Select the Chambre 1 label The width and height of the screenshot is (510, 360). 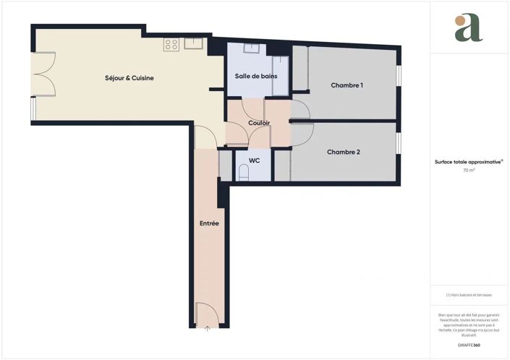coord(347,85)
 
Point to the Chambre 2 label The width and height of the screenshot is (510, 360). coord(343,152)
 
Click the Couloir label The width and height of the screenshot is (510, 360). coord(259,123)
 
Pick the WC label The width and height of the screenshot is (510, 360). coord(254,160)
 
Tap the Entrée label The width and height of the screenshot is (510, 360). coord(209,223)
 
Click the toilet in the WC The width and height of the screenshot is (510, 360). coord(244,173)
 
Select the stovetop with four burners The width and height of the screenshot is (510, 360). coord(171,45)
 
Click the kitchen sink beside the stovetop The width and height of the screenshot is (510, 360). coord(194,44)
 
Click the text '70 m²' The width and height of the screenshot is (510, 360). coord(469,171)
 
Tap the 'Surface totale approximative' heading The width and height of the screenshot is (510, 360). coord(469,162)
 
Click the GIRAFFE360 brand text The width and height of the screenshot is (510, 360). coord(469,338)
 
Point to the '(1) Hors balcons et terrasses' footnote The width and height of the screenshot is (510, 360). coord(469,296)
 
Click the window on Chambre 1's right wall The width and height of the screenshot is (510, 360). coord(399,77)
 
